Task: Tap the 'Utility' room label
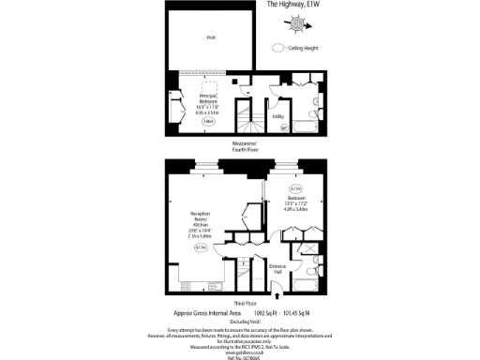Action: [x=278, y=116]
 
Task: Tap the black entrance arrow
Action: [x=277, y=294]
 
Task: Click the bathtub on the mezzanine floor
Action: [x=305, y=124]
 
